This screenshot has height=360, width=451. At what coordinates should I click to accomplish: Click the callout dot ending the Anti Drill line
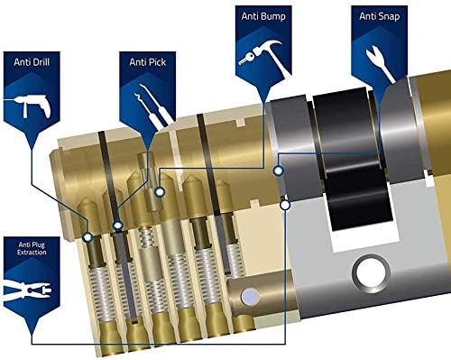coord(87,237)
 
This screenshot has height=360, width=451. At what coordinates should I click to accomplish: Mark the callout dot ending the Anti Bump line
coord(159,192)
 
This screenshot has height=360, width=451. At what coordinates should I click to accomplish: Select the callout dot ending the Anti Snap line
coord(279,169)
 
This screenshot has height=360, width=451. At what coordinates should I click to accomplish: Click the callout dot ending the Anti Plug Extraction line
coord(285,205)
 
